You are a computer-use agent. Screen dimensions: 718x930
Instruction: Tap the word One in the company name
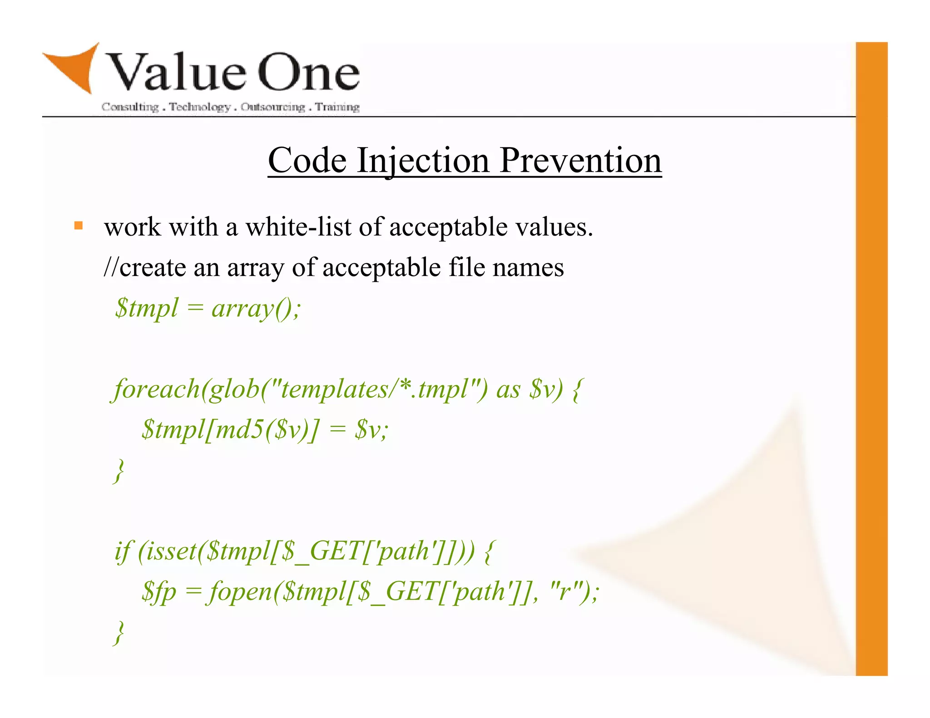[309, 73]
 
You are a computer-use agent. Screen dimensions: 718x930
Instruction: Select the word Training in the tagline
[337, 107]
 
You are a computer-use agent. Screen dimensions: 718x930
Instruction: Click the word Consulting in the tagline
[130, 107]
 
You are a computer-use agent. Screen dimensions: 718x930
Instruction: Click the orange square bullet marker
[79, 226]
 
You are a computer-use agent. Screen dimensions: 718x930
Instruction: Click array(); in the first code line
[256, 309]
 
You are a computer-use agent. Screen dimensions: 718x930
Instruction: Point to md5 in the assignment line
[239, 429]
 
